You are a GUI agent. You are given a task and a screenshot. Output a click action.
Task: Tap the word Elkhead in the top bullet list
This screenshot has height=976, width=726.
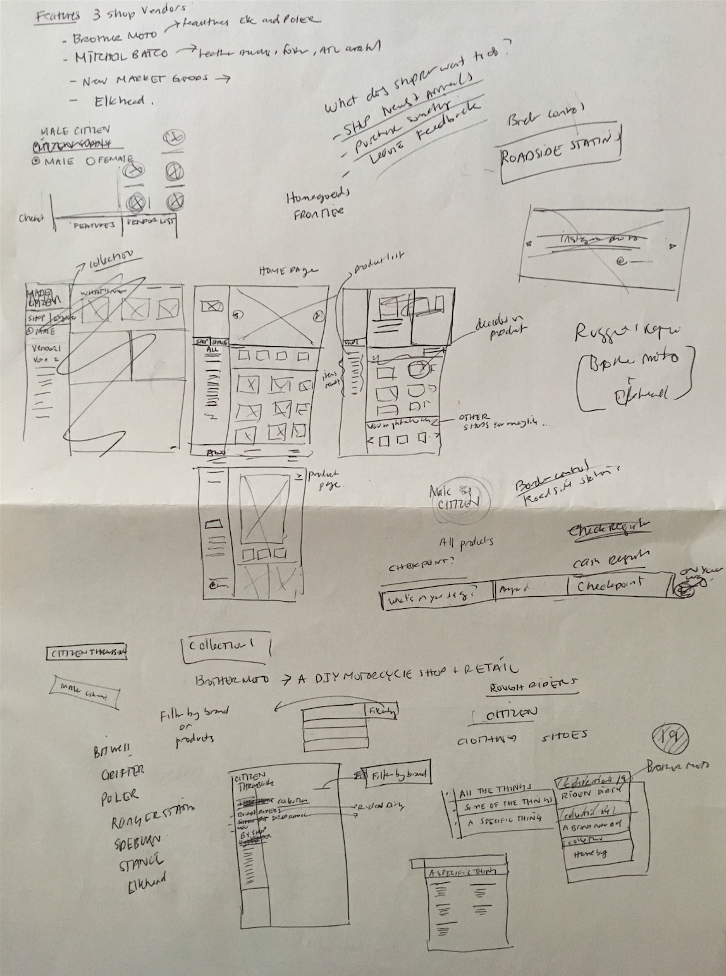coord(119,101)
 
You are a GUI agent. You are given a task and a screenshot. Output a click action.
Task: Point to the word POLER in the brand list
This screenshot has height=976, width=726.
coord(120,798)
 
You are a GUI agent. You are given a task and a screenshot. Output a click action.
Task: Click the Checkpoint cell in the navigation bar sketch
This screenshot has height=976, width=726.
coord(611,585)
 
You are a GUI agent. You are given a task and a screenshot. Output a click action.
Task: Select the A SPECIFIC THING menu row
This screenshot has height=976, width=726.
coord(505,822)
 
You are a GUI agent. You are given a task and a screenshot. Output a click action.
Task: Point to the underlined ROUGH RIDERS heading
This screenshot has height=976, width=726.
coord(532,685)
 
